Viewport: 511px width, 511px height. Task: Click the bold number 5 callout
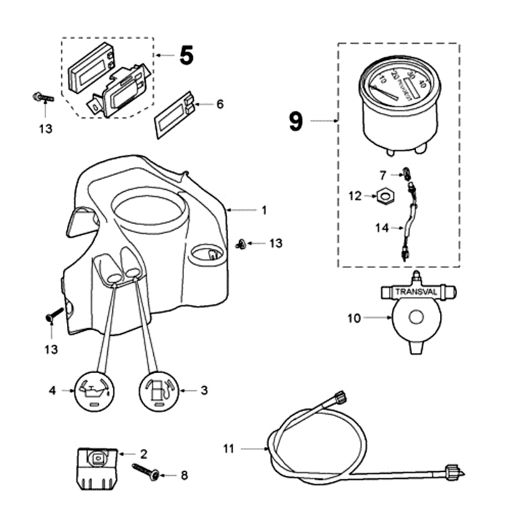click(185, 56)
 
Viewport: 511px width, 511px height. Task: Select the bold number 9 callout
click(295, 121)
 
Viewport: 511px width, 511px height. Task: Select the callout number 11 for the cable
click(229, 449)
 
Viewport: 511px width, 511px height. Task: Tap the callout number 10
click(355, 317)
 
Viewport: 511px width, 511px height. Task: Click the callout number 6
click(220, 104)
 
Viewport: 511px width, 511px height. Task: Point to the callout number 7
click(383, 174)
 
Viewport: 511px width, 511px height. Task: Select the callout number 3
click(204, 390)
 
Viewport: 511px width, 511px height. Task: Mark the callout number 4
click(54, 390)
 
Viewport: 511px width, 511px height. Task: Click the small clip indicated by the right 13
click(240, 243)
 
